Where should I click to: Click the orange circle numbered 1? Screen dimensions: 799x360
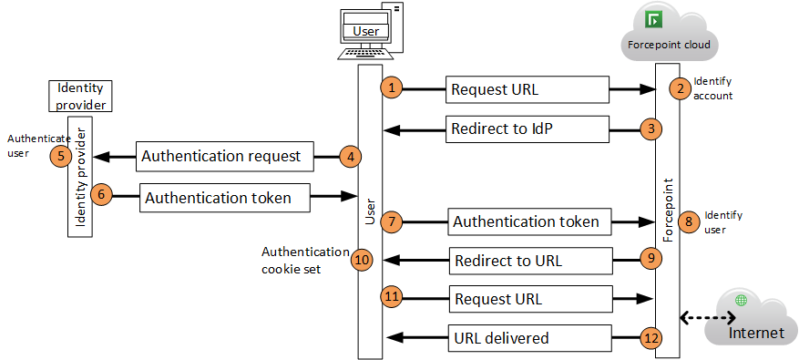point(392,87)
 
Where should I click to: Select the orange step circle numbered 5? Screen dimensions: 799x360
point(61,156)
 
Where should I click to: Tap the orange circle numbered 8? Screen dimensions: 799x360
point(689,221)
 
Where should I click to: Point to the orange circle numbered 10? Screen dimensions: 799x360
point(362,260)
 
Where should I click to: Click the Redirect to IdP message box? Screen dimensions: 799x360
point(528,129)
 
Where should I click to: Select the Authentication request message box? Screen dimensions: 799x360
point(225,156)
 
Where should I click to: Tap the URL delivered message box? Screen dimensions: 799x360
point(530,337)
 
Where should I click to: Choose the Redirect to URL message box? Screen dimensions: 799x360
point(530,261)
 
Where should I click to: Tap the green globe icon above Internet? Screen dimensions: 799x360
point(741,301)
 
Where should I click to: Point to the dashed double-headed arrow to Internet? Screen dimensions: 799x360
point(707,318)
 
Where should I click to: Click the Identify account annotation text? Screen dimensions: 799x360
point(712,88)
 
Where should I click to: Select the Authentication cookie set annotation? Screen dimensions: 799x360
point(305,260)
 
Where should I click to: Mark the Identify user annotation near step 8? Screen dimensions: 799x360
point(723,222)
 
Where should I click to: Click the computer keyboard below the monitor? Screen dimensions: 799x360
point(365,54)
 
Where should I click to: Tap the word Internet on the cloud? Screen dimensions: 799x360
point(756,333)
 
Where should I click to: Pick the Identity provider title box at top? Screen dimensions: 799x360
point(80,96)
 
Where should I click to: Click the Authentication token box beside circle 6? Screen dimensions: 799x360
point(225,198)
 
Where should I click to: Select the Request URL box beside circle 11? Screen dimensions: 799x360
point(530,299)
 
